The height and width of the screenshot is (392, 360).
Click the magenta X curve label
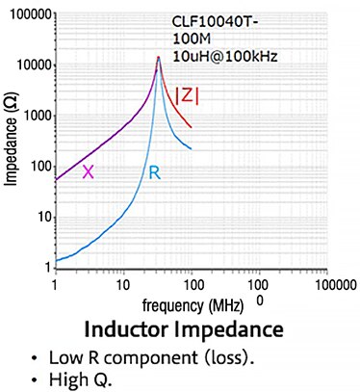(x=88, y=171)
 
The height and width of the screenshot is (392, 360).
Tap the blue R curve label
(x=153, y=172)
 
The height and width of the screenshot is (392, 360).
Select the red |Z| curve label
(x=188, y=94)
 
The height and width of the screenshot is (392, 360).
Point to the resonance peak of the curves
(x=158, y=58)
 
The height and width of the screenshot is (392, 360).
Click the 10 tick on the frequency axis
(x=122, y=285)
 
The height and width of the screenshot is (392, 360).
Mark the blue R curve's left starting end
(x=56, y=261)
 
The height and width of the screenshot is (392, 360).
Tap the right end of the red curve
(x=192, y=127)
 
